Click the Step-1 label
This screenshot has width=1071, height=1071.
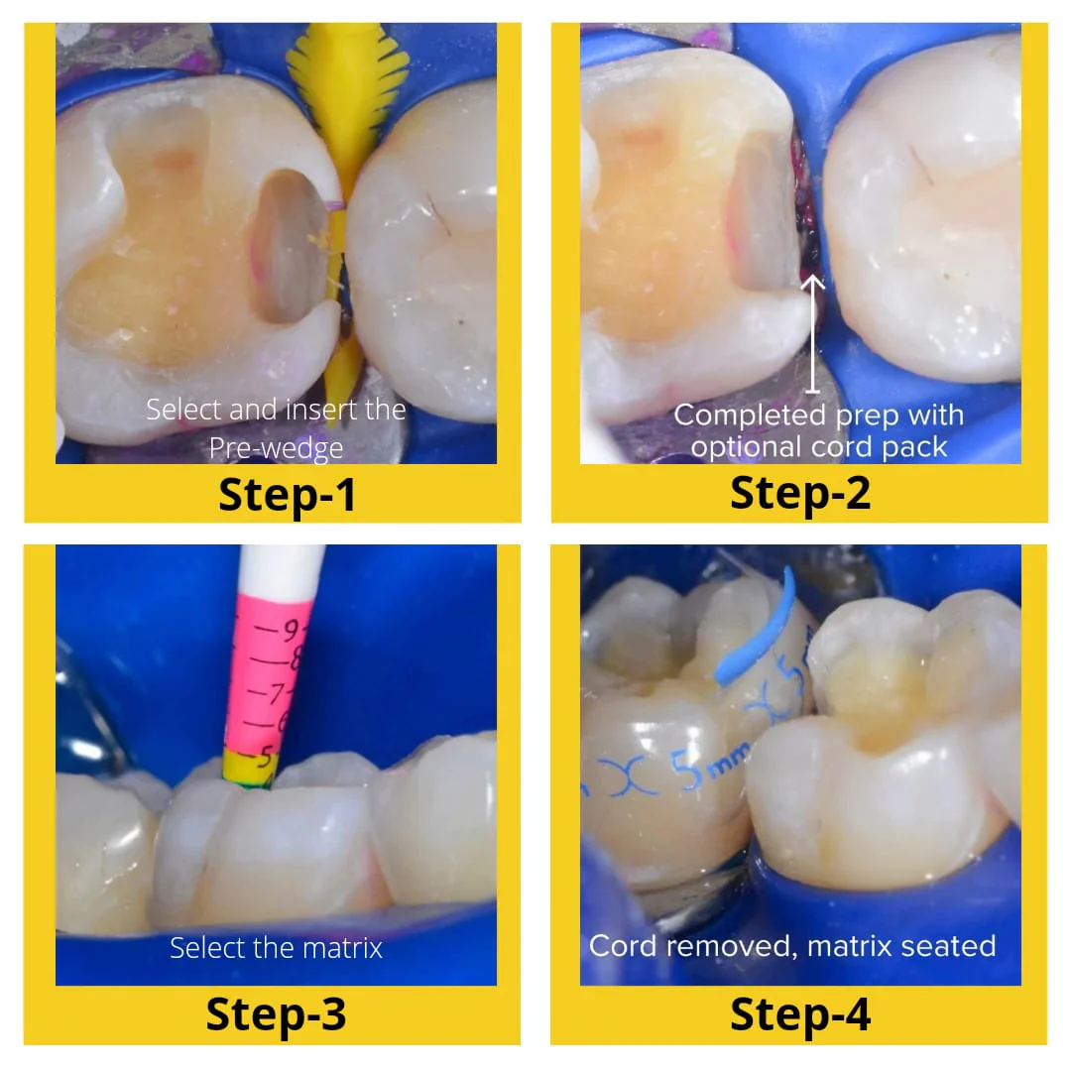(x=287, y=495)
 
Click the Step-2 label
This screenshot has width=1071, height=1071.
(x=800, y=493)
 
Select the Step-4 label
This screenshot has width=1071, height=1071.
(x=800, y=1014)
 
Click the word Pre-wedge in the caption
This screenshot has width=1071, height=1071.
(x=276, y=448)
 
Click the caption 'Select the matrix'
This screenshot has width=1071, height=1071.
(x=276, y=948)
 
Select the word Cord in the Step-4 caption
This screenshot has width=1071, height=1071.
(x=625, y=946)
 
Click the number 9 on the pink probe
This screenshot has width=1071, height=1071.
(x=290, y=629)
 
